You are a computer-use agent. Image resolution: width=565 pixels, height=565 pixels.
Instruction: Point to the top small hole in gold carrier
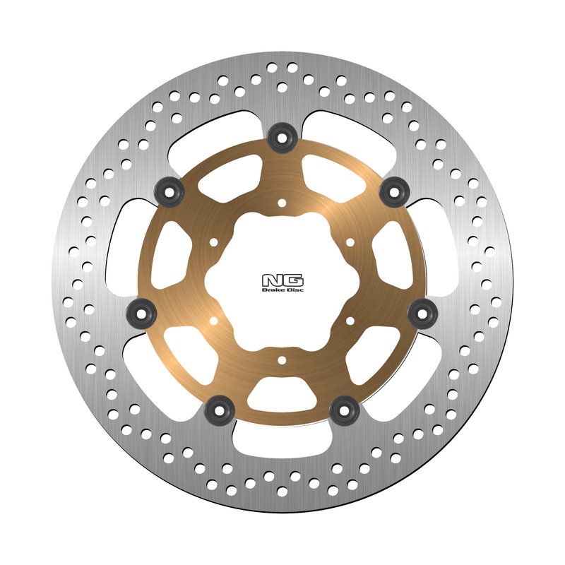(282, 203)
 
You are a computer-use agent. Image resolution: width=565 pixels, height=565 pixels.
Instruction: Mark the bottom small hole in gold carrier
(282, 361)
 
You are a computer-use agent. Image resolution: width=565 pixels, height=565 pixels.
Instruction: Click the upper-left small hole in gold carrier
(213, 243)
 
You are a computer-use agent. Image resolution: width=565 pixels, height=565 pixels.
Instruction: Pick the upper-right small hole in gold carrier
(350, 243)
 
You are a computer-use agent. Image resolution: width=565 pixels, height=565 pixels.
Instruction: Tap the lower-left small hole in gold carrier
(213, 321)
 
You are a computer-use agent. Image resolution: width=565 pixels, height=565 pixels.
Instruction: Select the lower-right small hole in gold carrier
(350, 321)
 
